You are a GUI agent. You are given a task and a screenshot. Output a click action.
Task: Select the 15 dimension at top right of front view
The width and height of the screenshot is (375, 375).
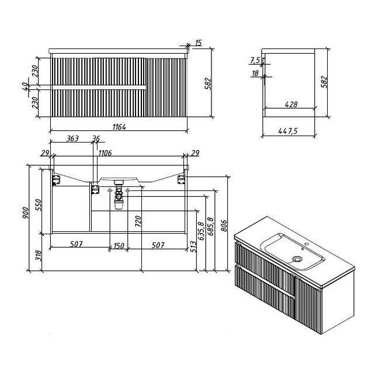(x=199, y=43)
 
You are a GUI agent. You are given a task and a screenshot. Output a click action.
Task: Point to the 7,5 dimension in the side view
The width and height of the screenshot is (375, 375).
(x=255, y=60)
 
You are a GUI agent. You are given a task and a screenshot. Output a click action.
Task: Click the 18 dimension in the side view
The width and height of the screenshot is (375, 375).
(x=255, y=73)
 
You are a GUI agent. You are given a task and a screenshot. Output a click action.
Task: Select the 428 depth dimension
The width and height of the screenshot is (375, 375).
(x=291, y=105)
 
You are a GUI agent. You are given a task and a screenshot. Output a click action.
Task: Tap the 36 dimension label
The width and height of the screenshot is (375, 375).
(x=96, y=139)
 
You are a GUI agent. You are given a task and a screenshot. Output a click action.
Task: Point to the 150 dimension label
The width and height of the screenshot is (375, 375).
(x=119, y=245)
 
